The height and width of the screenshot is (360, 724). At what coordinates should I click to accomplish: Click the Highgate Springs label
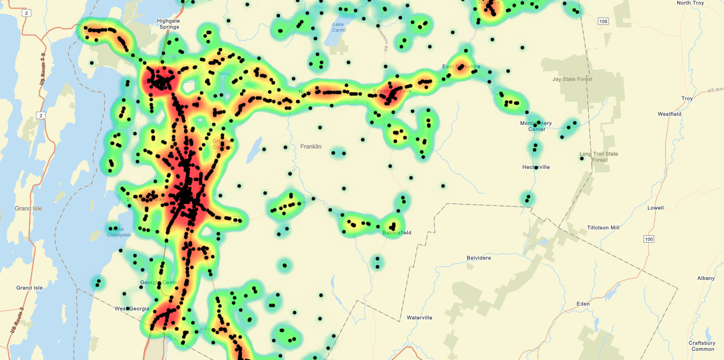coord(169,24)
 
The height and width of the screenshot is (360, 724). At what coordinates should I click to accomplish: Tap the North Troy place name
coord(690,3)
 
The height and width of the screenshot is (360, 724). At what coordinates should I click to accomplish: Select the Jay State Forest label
coord(572,79)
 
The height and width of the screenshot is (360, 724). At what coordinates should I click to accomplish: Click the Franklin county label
coord(311,146)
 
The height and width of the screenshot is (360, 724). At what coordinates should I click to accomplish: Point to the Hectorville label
coord(536,167)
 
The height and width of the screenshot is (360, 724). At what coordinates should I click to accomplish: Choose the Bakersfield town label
coord(397,233)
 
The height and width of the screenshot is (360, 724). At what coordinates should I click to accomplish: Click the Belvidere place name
coord(479,258)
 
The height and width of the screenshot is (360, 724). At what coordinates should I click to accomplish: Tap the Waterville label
coord(419,318)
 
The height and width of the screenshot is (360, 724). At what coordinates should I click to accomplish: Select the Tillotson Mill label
coord(603,228)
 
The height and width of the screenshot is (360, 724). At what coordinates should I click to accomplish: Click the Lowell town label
coord(655,208)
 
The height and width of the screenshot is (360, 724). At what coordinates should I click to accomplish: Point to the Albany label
coord(706,278)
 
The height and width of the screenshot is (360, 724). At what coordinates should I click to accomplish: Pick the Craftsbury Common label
coord(702,346)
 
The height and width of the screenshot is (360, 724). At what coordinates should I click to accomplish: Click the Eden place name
coord(583,304)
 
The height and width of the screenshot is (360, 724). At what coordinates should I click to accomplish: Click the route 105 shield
coord(603,21)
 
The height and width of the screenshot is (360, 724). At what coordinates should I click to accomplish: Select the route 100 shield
coord(648,239)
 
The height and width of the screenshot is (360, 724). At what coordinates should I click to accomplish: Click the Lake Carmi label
coord(339,27)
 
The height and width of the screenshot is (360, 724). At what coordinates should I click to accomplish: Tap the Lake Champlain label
coord(119,232)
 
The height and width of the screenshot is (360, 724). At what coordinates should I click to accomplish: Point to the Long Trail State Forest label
coord(599,157)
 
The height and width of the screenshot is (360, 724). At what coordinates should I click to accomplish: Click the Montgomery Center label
coord(536,126)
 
